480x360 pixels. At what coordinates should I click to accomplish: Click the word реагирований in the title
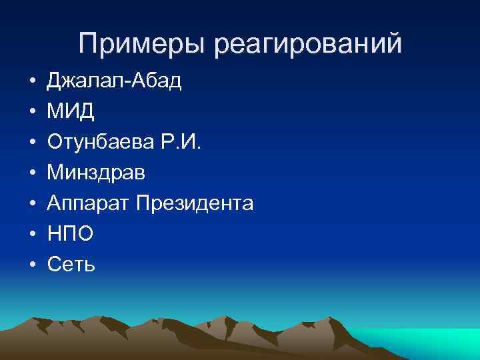coord(309,44)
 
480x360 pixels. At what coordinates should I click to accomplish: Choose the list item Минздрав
coord(95,173)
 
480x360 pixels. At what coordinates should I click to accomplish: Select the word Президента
coord(194,203)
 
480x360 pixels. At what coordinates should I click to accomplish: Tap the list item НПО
coord(70,234)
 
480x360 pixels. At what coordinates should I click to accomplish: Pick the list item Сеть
coord(71,265)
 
